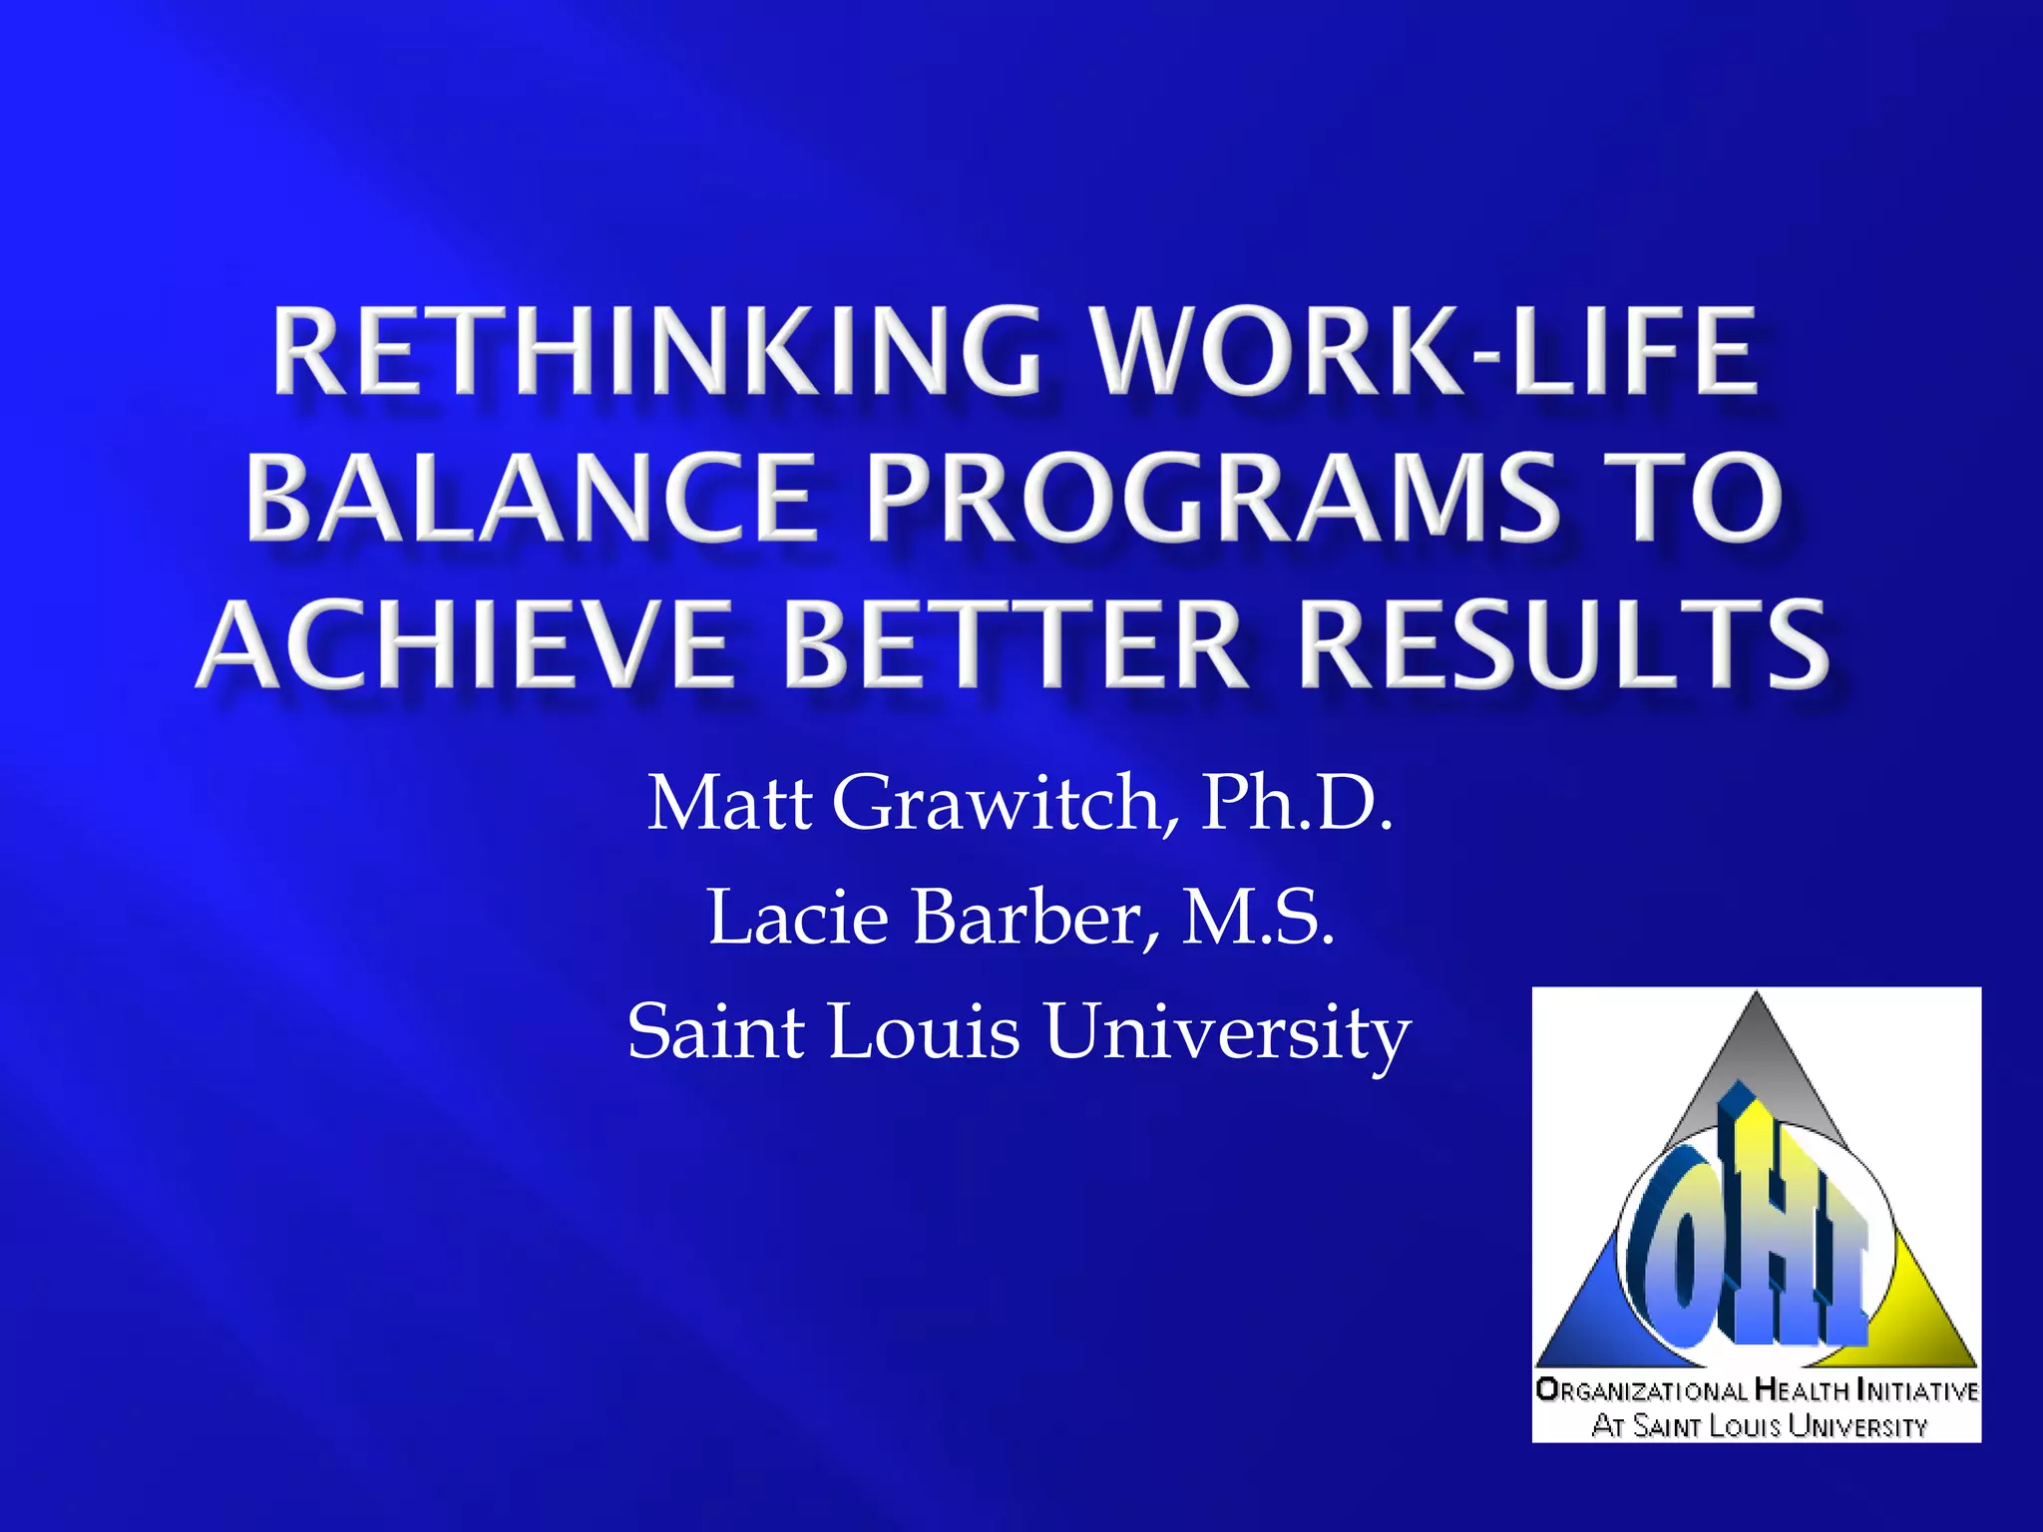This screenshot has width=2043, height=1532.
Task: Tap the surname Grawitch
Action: click(1006, 803)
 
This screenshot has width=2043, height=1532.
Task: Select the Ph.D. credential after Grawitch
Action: click(1296, 803)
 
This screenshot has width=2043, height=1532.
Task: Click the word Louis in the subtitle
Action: click(924, 1031)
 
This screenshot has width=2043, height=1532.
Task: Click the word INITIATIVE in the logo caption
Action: click(1917, 1389)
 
